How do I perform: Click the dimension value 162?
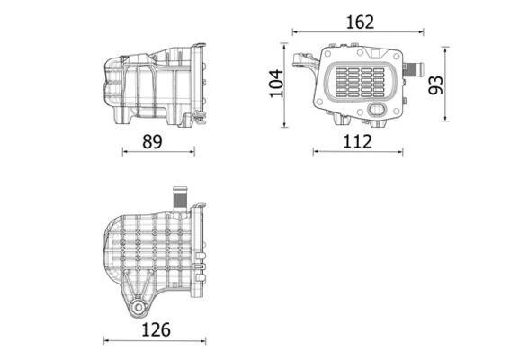pyautogui.click(x=359, y=22)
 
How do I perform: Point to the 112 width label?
pyautogui.click(x=357, y=140)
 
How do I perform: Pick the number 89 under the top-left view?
pyautogui.click(x=155, y=140)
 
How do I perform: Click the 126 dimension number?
pyautogui.click(x=157, y=329)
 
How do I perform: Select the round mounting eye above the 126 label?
pyautogui.click(x=137, y=309)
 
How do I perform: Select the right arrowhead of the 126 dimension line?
pyautogui.click(x=206, y=340)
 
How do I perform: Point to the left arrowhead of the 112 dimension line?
pyautogui.click(x=316, y=151)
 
